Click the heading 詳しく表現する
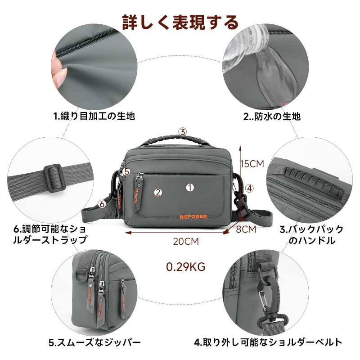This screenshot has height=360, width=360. point(180,22)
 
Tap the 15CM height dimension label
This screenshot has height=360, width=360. point(252,164)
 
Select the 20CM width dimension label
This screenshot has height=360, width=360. point(186,242)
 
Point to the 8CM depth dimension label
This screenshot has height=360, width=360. point(246,229)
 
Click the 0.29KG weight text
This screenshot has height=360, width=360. point(185,267)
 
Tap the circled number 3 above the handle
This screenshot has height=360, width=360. point(183,132)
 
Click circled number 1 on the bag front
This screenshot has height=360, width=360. point(190,188)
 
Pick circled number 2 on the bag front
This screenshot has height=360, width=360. point(158,193)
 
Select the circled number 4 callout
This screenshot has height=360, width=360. point(250,189)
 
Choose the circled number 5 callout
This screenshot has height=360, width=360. point(126,172)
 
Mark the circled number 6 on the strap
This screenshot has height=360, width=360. point(102,204)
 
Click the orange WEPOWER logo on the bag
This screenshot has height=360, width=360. point(193,217)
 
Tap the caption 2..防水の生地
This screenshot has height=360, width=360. point(272,117)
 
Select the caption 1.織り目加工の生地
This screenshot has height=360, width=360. point(94,116)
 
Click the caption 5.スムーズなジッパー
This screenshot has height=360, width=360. point(95,343)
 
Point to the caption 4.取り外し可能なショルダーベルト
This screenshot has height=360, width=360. point(268,342)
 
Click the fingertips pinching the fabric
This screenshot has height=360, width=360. point(58,69)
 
